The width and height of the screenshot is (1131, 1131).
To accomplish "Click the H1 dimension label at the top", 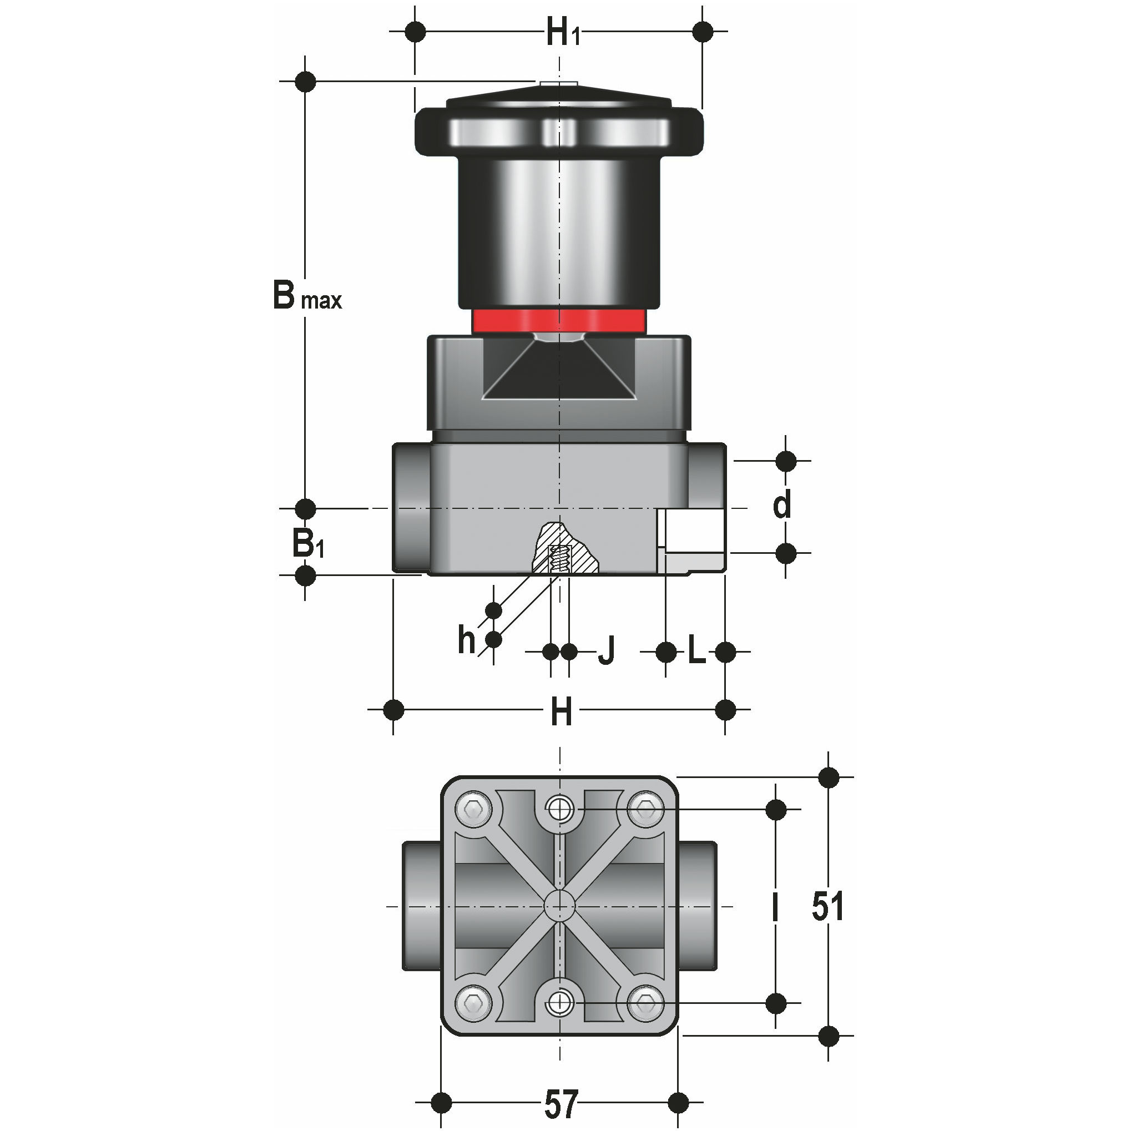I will coord(562,33).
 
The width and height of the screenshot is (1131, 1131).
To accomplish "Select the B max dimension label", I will coord(306,296).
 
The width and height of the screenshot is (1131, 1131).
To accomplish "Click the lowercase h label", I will coord(467,639).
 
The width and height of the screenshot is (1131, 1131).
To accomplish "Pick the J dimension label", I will coord(607,650).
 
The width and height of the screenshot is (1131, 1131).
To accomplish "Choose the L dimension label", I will coord(696,650).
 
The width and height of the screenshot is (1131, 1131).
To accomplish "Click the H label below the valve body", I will coord(561,713).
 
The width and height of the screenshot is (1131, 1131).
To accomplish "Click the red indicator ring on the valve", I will coord(559,321).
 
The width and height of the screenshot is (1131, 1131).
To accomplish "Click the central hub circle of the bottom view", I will coord(559,906).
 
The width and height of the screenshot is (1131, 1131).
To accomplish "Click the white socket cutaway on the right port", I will coord(692,529).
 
